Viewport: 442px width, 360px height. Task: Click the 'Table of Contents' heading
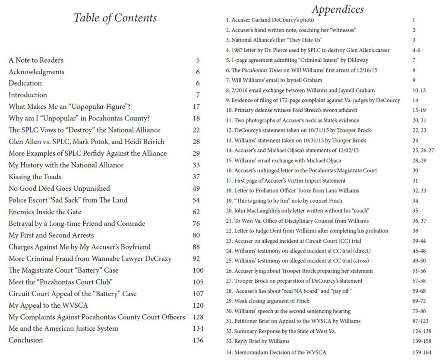115,18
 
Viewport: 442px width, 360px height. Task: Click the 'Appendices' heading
338,9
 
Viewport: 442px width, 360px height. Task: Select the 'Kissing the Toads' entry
35,177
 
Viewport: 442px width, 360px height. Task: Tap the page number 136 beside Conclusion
198,340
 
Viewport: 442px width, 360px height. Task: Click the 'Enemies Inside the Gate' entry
45,212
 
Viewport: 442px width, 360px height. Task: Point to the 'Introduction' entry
28,95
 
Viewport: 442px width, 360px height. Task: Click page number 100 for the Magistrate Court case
198,270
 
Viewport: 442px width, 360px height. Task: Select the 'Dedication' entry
25,83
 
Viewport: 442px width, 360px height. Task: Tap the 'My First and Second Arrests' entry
51,235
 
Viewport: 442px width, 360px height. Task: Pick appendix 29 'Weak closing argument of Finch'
268,301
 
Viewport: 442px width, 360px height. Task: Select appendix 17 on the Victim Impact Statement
286,180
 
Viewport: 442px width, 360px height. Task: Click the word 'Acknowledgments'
36,72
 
